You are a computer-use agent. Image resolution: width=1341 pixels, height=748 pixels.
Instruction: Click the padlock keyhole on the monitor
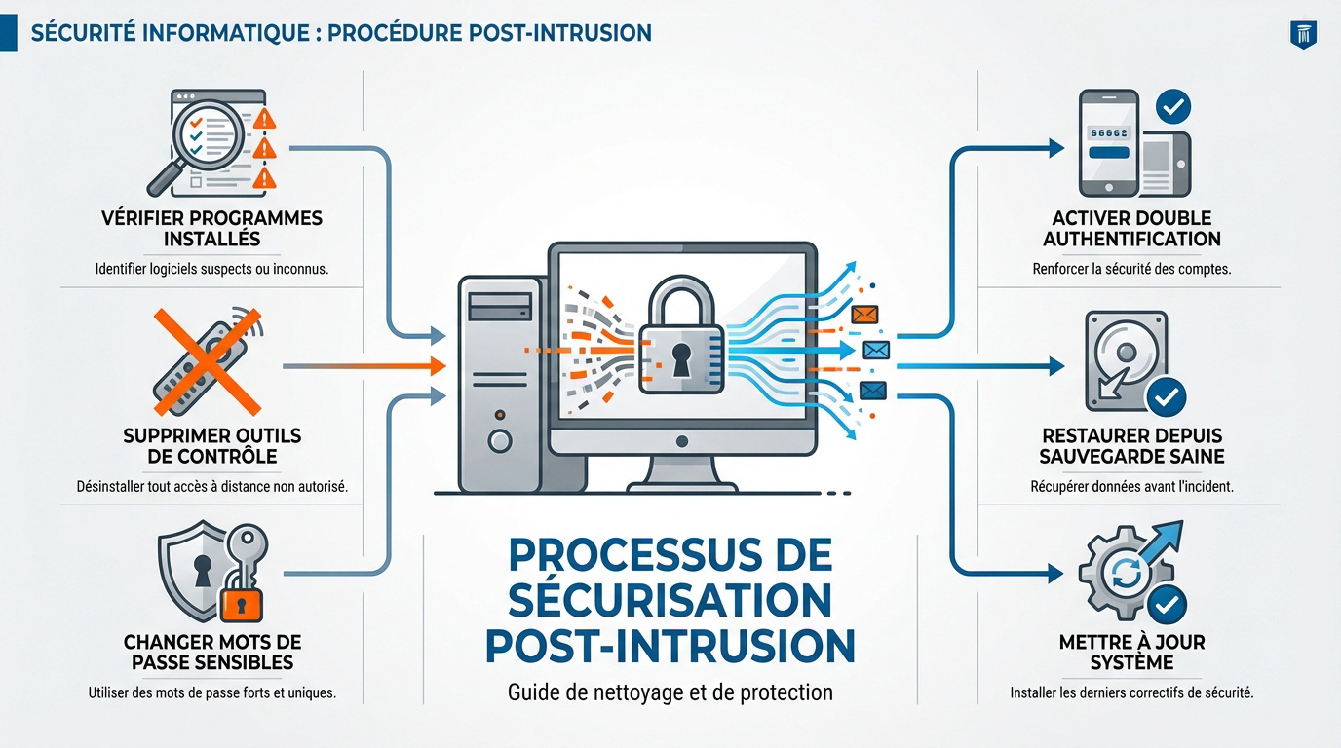pyautogui.click(x=679, y=356)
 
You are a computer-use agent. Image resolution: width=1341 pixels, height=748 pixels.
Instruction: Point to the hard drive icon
pyautogui.click(x=1126, y=360)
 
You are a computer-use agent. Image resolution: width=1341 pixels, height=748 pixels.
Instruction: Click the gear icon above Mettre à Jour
pyautogui.click(x=1115, y=576)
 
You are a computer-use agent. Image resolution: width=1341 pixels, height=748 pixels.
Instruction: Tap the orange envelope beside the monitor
pyautogui.click(x=864, y=314)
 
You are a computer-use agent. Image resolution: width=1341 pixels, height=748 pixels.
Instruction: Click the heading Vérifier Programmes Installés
pyautogui.click(x=211, y=228)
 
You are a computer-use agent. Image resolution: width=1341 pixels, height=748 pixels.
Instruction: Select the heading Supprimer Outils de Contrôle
pyautogui.click(x=211, y=445)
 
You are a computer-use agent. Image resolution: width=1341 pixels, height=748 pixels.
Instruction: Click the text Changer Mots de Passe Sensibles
pyautogui.click(x=211, y=652)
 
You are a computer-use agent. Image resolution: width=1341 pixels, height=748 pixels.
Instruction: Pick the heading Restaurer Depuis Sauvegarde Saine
pyautogui.click(x=1131, y=445)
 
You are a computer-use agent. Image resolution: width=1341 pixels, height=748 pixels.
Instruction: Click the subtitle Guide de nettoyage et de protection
pyautogui.click(x=670, y=693)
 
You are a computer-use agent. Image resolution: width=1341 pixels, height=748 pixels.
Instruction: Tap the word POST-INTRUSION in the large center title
pyautogui.click(x=670, y=645)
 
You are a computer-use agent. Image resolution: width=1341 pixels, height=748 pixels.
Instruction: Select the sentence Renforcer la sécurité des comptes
pyautogui.click(x=1131, y=268)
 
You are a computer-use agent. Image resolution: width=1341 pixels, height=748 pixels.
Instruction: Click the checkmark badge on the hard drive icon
pyautogui.click(x=1165, y=395)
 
